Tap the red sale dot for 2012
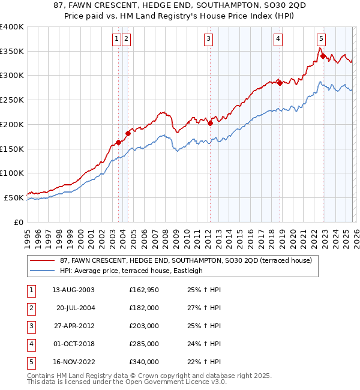click(211, 123)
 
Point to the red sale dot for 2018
click(280, 83)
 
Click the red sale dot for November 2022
click(323, 56)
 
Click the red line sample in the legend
click(42, 260)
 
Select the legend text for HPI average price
click(131, 271)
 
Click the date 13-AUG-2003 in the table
click(73, 290)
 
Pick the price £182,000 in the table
click(143, 308)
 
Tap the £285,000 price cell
click(143, 344)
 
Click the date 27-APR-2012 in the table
click(73, 326)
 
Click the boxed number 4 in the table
click(31, 344)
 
